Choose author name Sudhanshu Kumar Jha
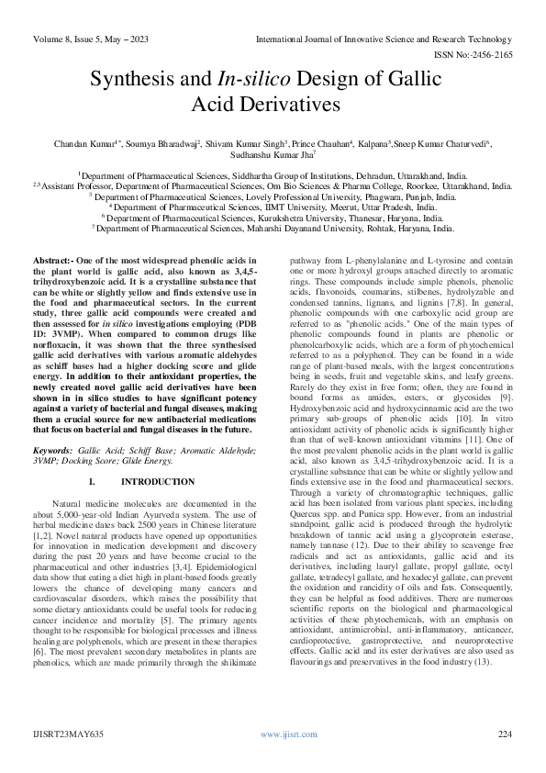point(272,157)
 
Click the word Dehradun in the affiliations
point(351,173)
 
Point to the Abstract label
point(51,261)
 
